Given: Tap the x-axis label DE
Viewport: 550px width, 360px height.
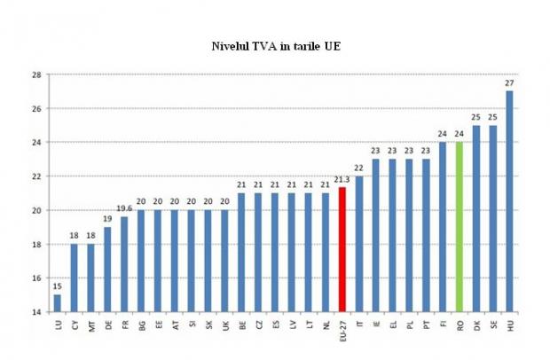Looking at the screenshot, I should pyautogui.click(x=107, y=325).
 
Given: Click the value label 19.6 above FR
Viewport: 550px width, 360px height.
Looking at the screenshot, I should pyautogui.click(x=123, y=209).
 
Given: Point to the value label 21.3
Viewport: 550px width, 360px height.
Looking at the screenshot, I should pyautogui.click(x=342, y=180).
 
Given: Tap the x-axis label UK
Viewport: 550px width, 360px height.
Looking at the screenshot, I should pyautogui.click(x=224, y=325).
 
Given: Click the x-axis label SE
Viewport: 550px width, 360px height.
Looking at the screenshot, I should pyautogui.click(x=492, y=325).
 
